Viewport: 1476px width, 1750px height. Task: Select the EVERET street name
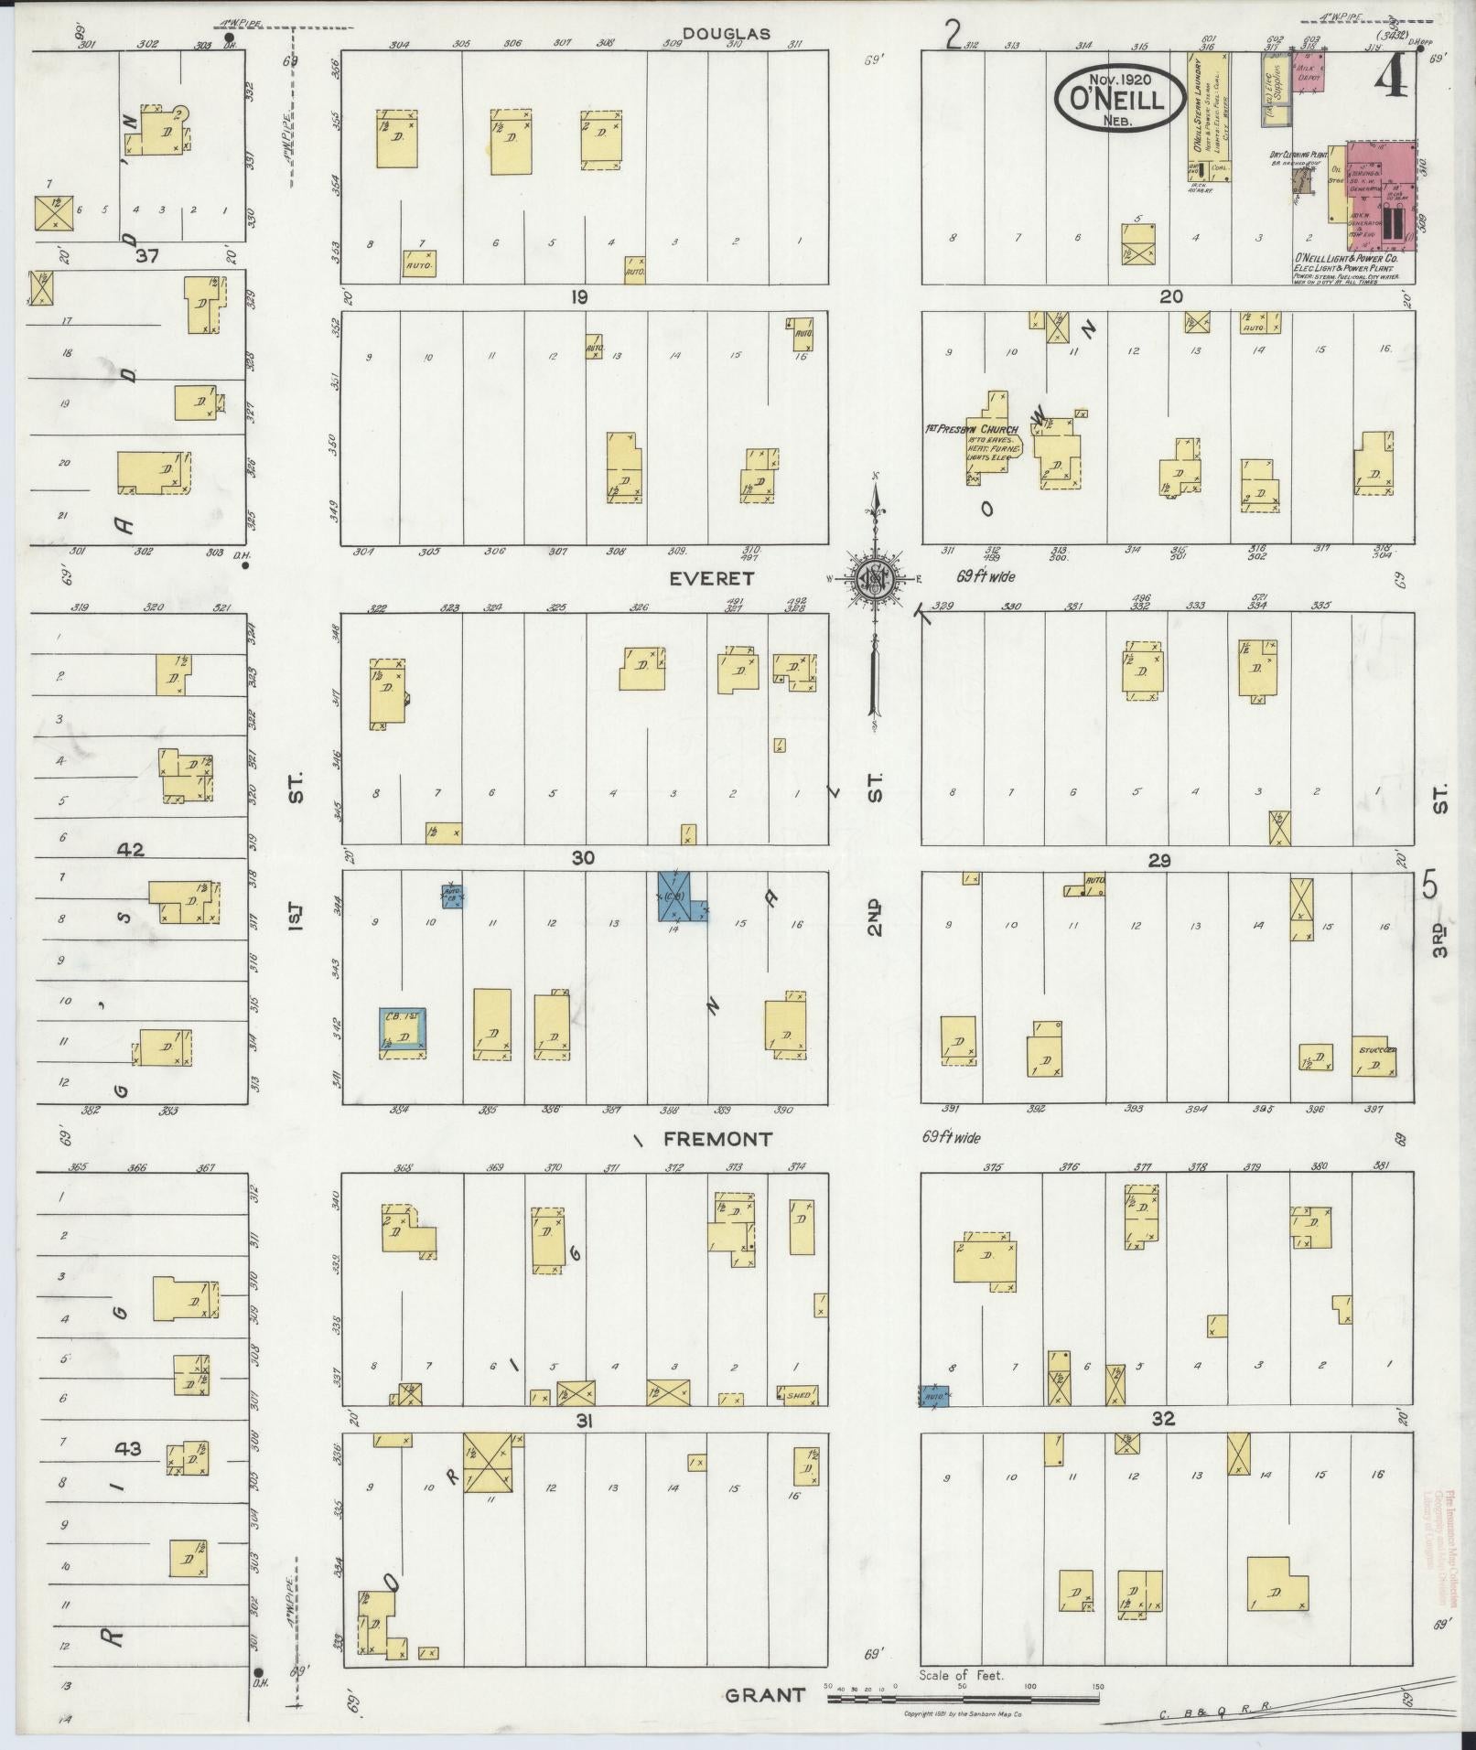pyautogui.click(x=711, y=578)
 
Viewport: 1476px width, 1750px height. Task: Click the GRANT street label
pyautogui.click(x=765, y=1695)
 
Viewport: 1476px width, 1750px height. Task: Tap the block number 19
pyautogui.click(x=577, y=296)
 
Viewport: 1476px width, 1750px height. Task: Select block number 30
pyautogui.click(x=583, y=857)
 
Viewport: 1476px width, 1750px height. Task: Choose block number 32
pyautogui.click(x=1163, y=1419)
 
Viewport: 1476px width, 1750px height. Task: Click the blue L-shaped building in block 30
pyautogui.click(x=678, y=896)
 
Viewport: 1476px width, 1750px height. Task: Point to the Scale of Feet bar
pyautogui.click(x=963, y=1699)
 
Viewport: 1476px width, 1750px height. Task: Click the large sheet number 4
pyautogui.click(x=1392, y=81)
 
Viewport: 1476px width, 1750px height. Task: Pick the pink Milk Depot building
pyautogui.click(x=1309, y=75)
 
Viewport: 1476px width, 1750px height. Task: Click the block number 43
pyautogui.click(x=129, y=1448)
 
